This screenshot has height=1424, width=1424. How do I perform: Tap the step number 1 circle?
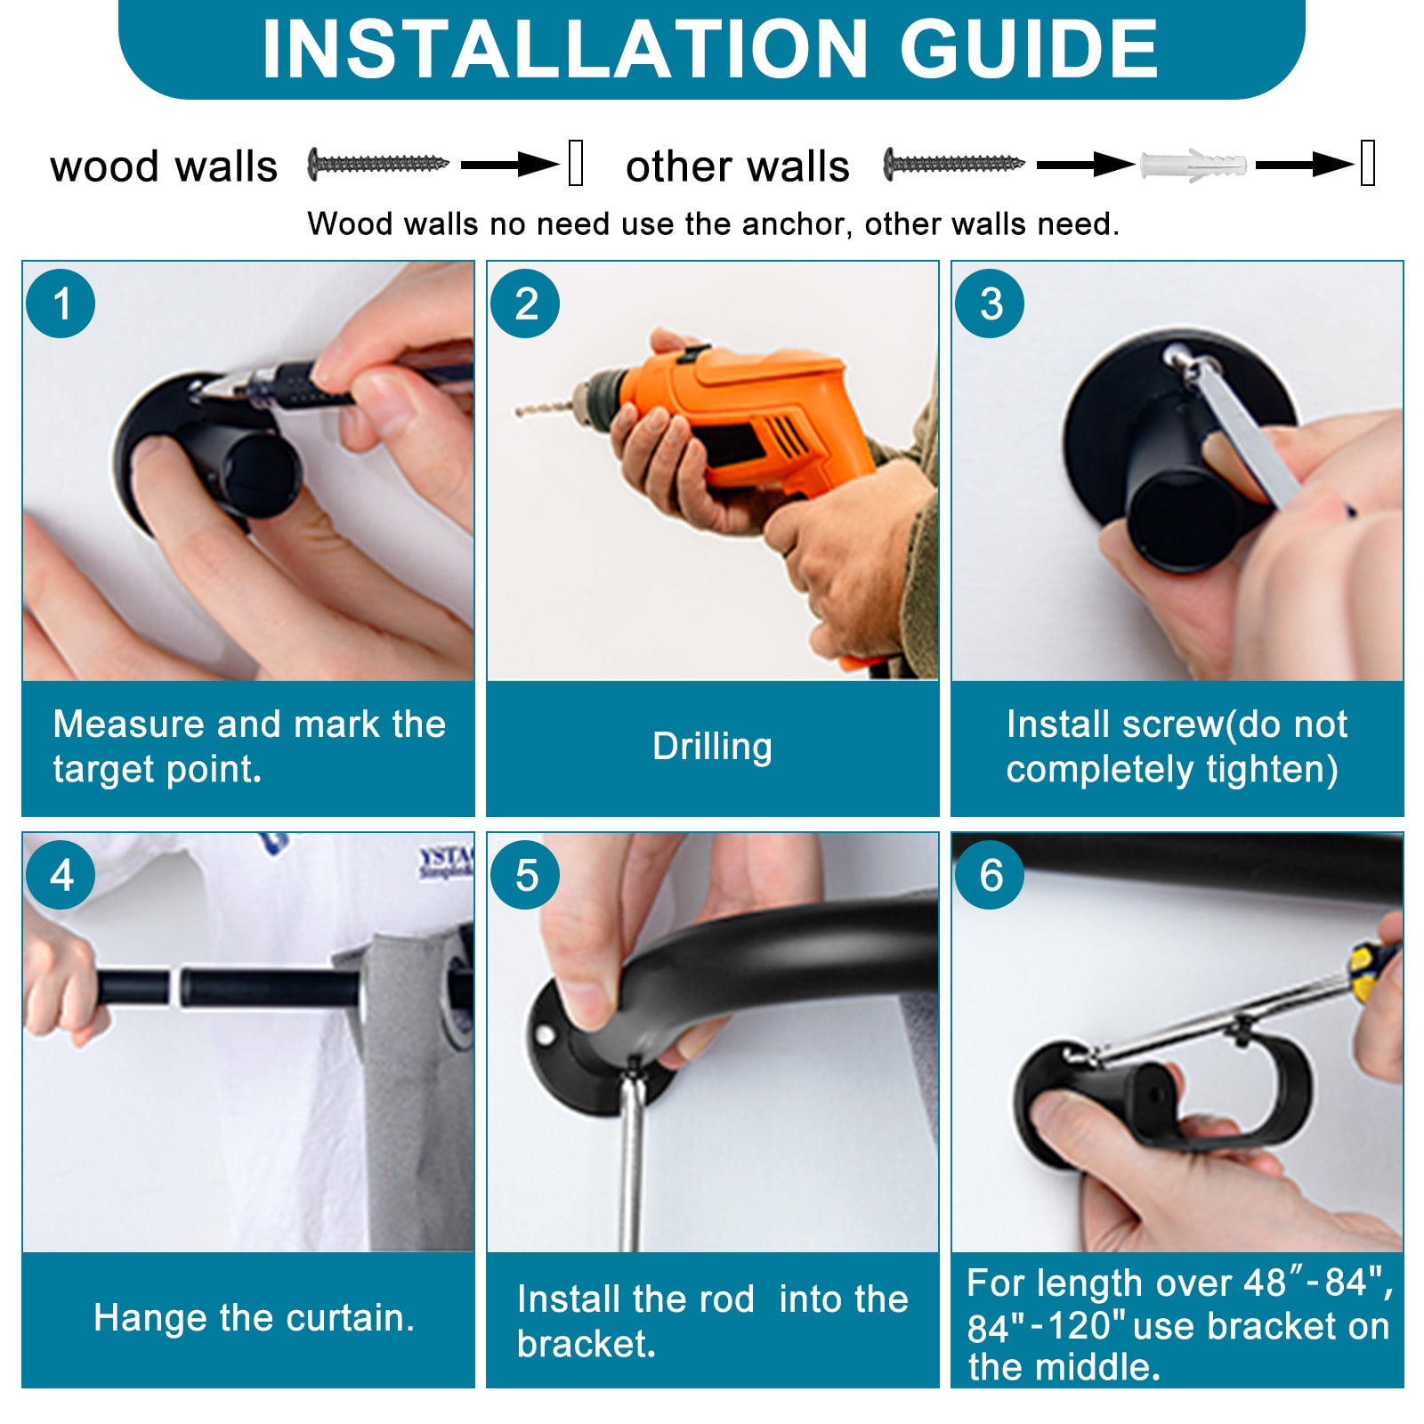click(61, 303)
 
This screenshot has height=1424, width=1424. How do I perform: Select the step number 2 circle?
click(526, 303)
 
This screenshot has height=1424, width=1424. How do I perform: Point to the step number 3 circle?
click(991, 303)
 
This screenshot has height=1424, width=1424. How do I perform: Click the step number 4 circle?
click(61, 875)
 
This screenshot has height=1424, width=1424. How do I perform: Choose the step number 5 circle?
click(526, 875)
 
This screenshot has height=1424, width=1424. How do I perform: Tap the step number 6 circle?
click(991, 875)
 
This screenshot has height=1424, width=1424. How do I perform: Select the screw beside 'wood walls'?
click(378, 164)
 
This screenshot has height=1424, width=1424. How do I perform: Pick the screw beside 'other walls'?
click(954, 164)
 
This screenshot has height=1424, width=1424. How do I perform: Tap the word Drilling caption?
click(712, 746)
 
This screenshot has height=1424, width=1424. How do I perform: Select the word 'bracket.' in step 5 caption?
click(587, 1344)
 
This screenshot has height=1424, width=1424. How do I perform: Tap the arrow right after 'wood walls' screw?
click(510, 165)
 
